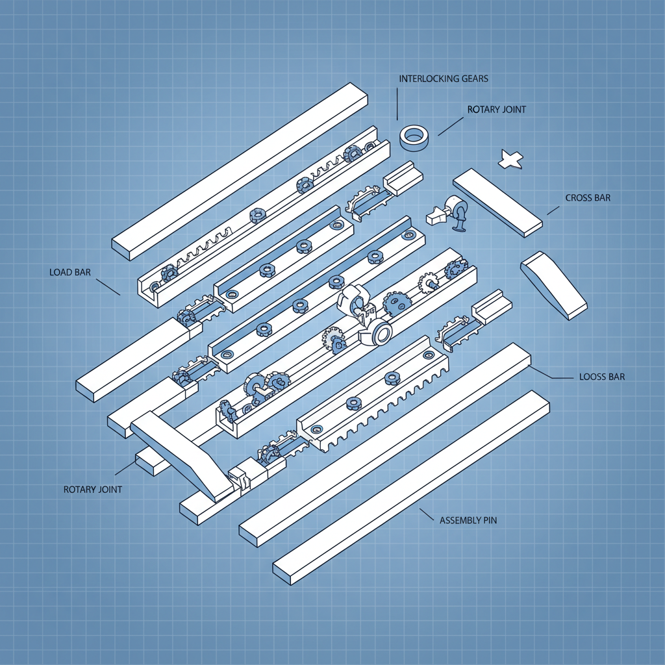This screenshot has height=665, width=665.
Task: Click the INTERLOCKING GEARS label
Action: pyautogui.click(x=444, y=79)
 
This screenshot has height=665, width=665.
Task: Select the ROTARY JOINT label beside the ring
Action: pyautogui.click(x=497, y=110)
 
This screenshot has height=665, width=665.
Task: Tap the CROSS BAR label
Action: pyautogui.click(x=588, y=198)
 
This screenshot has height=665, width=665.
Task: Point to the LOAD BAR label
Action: pyautogui.click(x=70, y=272)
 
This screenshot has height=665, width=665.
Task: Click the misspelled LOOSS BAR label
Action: pyautogui.click(x=601, y=377)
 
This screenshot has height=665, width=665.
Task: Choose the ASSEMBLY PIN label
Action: pyautogui.click(x=468, y=520)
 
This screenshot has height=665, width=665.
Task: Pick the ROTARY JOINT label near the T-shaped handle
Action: pyautogui.click(x=92, y=489)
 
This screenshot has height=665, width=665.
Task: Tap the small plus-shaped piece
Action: pyautogui.click(x=510, y=159)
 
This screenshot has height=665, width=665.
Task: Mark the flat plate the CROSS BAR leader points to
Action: pyautogui.click(x=497, y=202)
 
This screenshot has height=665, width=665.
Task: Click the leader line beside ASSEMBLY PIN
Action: pyautogui.click(x=426, y=514)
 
